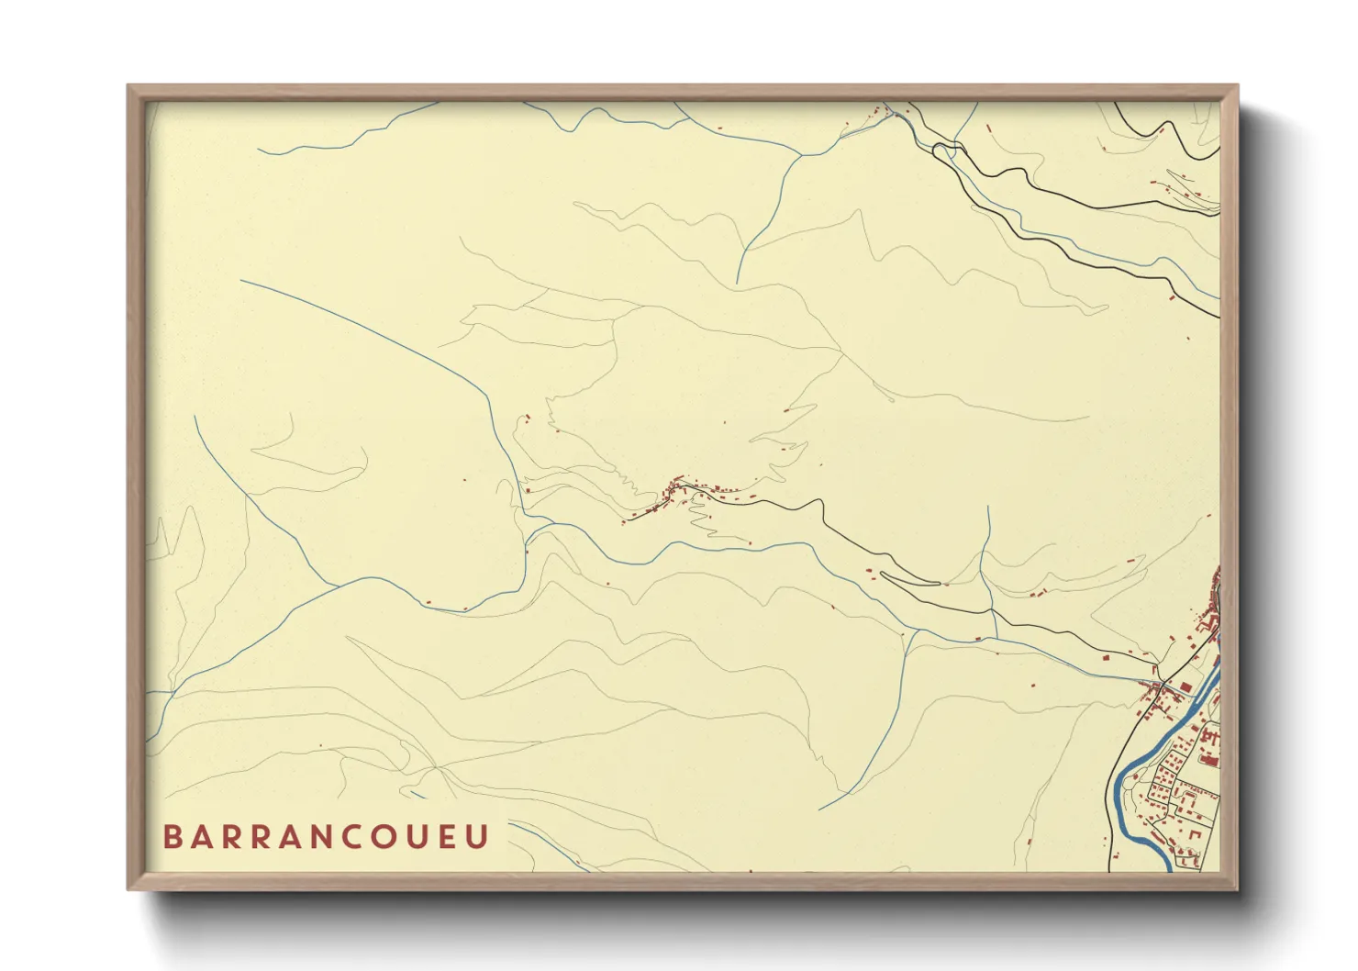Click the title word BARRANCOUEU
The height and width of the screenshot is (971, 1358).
click(x=326, y=837)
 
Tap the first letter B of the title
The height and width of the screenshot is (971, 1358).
click(x=172, y=837)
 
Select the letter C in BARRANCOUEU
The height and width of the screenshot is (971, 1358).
click(x=383, y=837)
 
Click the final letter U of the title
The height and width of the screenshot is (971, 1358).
click(x=477, y=837)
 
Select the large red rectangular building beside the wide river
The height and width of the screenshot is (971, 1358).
click(x=1209, y=759)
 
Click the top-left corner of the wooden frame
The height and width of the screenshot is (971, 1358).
click(x=129, y=87)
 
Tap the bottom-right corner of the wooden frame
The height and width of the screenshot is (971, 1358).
click(x=1236, y=887)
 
